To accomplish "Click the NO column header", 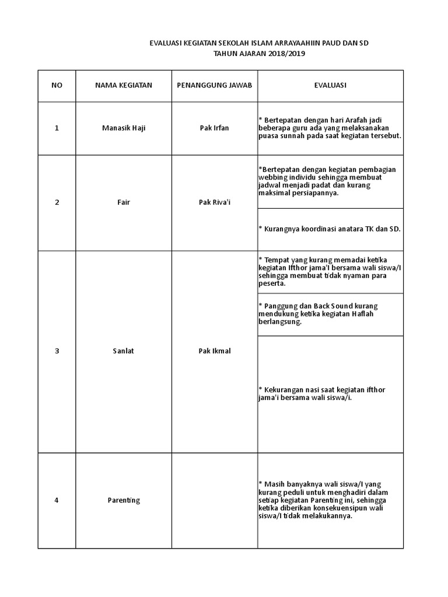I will [x=57, y=85].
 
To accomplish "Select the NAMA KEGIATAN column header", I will [x=123, y=85].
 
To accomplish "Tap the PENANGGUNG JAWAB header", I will [x=214, y=85].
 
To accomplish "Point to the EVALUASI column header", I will [x=330, y=85].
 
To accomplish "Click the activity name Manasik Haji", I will [x=123, y=128].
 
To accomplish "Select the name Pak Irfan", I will [x=214, y=128].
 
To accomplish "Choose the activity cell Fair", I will [x=123, y=202].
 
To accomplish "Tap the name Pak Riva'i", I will [x=214, y=202].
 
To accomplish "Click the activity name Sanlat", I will [x=123, y=351].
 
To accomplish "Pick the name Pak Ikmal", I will [x=214, y=351].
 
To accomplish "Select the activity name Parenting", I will [x=124, y=500].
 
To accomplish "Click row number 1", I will [x=57, y=128].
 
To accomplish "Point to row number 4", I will [x=57, y=500].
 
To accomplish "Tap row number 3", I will [x=57, y=351].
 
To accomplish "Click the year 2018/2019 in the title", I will [x=288, y=54].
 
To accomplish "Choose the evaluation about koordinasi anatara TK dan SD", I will [x=330, y=229].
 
